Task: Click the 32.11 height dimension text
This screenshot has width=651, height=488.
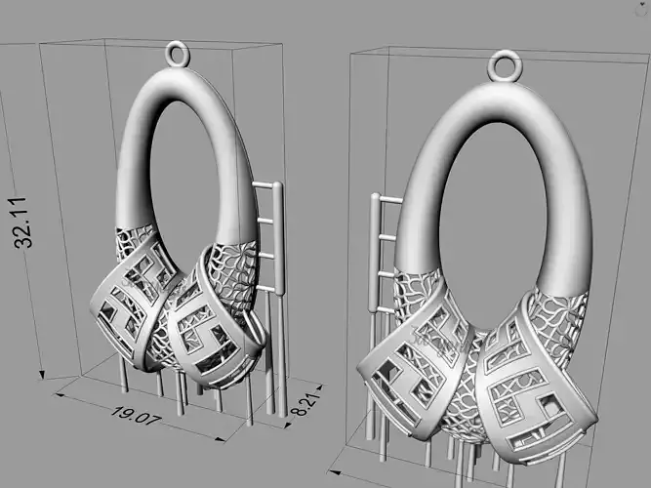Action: tap(23, 223)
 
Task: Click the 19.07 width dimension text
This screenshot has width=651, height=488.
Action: tap(136, 415)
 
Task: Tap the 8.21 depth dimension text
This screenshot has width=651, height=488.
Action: tap(306, 404)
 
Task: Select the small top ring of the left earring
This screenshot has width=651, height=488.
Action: tap(178, 54)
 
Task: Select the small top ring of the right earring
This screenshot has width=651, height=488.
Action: tap(505, 65)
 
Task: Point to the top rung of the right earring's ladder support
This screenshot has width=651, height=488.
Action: tap(390, 200)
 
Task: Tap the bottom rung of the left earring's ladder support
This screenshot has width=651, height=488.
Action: tap(265, 287)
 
